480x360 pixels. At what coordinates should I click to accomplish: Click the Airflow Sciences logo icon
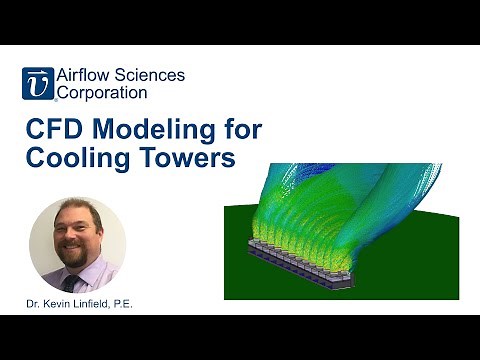[37, 84]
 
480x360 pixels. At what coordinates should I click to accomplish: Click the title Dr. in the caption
[36, 301]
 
